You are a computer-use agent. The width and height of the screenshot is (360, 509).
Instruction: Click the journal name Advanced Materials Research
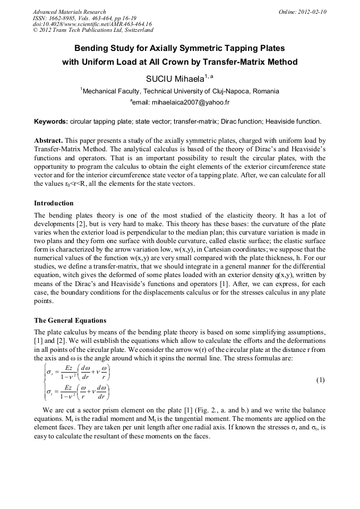[69, 12]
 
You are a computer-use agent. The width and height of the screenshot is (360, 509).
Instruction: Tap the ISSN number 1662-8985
[65, 18]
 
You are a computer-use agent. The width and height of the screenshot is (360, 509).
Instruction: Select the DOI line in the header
[92, 24]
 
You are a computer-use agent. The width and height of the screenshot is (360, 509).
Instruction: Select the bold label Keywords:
[51, 122]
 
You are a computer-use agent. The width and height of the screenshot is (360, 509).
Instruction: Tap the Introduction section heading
[54, 203]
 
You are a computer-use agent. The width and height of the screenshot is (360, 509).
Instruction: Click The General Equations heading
[70, 321]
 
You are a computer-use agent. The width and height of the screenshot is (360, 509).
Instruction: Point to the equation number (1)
[320, 380]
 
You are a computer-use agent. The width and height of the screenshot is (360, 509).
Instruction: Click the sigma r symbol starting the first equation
[50, 370]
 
